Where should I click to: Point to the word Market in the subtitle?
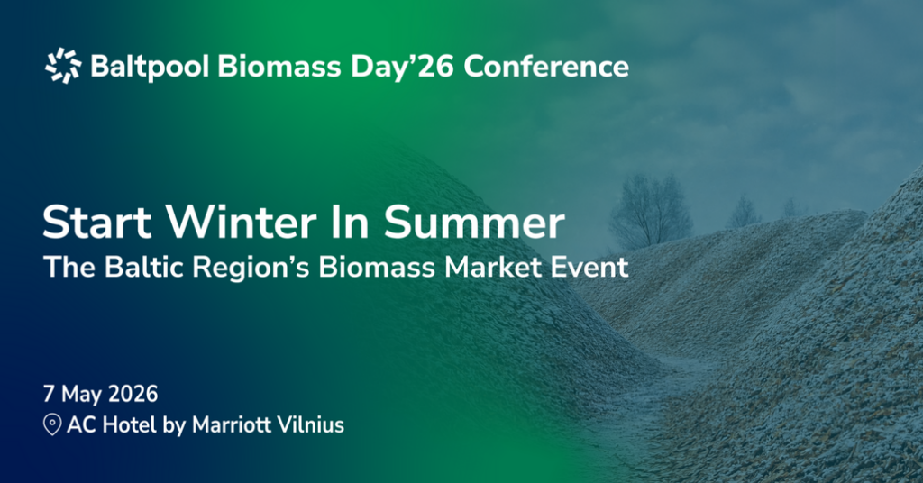[476, 268]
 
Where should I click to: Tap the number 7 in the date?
[49, 395]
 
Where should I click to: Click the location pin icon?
[52, 425]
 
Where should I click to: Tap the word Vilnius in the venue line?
[315, 425]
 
